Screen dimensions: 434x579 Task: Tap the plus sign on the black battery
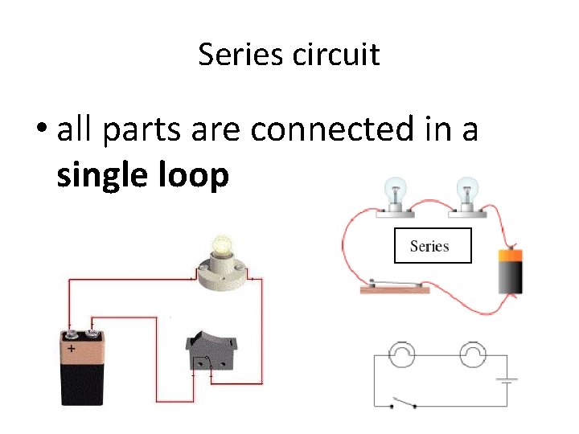(x=72, y=350)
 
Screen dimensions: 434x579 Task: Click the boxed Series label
(x=432, y=246)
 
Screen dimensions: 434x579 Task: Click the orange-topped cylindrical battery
(x=510, y=271)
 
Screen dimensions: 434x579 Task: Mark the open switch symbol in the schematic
(x=402, y=403)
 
